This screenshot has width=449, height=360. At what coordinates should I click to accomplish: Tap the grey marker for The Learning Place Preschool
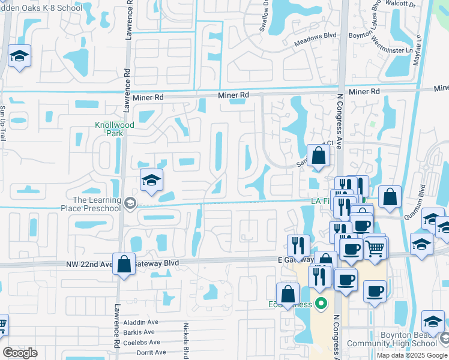pyautogui.click(x=131, y=204)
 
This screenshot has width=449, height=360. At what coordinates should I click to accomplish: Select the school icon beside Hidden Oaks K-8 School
pyautogui.click(x=20, y=57)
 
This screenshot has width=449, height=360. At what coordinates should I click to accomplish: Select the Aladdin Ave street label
pyautogui.click(x=141, y=323)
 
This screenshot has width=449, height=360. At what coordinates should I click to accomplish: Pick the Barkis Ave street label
pyautogui.click(x=139, y=332)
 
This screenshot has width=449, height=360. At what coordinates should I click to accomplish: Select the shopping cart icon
pyautogui.click(x=376, y=247)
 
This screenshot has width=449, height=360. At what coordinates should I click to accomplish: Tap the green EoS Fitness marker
pyautogui.click(x=321, y=304)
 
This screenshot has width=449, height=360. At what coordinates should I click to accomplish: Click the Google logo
pyautogui.click(x=20, y=353)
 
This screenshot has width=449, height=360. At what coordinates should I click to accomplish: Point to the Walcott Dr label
pyautogui.click(x=420, y=4)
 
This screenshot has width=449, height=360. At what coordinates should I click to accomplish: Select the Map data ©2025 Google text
pyautogui.click(x=411, y=355)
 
